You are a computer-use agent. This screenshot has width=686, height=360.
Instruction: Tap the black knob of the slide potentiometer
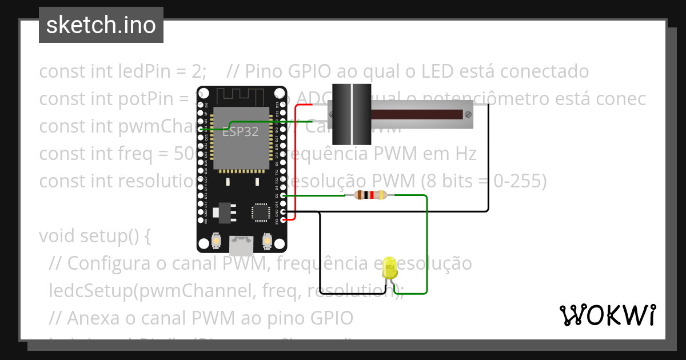point(351,113)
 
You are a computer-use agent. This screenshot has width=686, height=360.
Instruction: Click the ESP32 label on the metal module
point(240,131)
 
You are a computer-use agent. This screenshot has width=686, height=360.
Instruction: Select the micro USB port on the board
point(241,246)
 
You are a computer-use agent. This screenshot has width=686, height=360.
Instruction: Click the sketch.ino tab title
point(101,25)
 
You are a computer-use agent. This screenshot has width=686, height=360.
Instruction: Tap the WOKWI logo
point(607,315)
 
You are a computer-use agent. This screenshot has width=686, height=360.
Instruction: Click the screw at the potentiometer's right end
point(468,114)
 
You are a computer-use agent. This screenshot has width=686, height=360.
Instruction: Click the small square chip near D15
point(261,211)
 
